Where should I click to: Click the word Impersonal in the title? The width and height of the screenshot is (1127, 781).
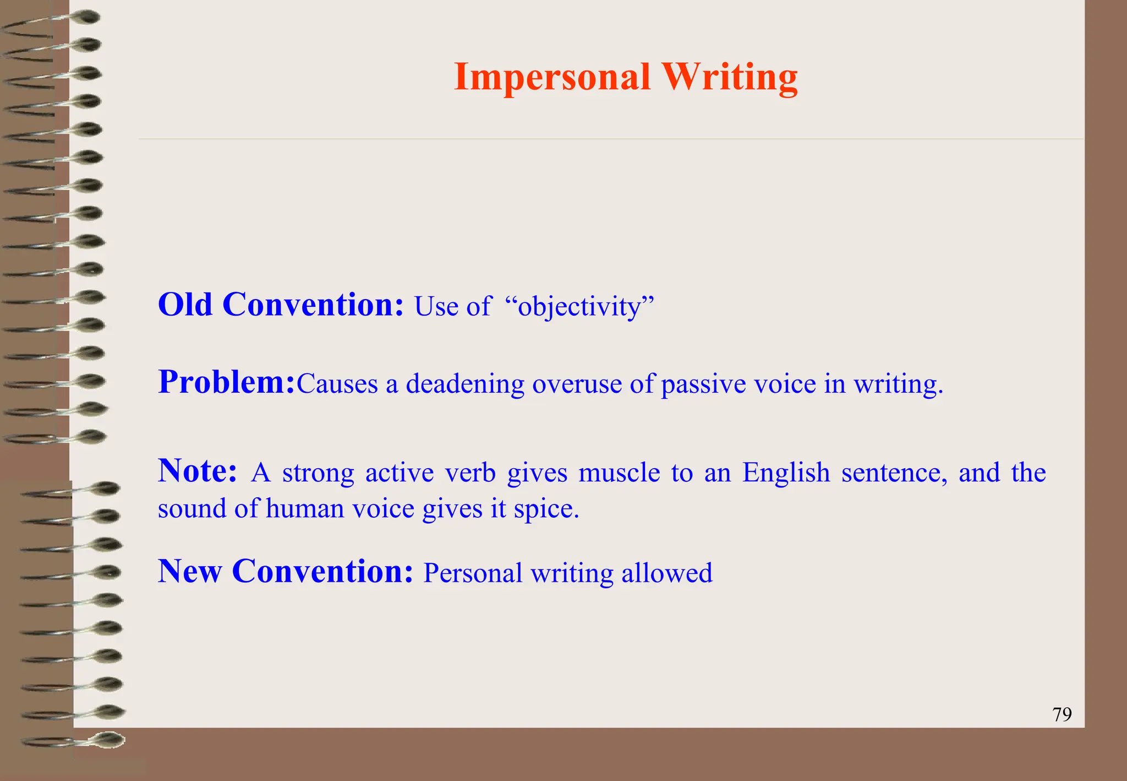(552, 77)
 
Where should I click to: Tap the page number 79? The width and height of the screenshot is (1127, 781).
(1062, 714)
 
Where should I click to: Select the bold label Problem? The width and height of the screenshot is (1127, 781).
(227, 382)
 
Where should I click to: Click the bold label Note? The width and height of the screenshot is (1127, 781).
(198, 471)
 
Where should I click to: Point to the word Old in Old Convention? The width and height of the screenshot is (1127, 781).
(185, 305)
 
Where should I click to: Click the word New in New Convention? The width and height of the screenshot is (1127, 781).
(190, 571)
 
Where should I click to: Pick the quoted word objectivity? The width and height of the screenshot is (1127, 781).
(580, 307)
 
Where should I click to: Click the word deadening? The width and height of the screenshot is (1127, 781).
(465, 384)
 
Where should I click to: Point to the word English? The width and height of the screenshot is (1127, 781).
(786, 473)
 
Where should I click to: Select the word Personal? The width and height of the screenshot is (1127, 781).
(473, 573)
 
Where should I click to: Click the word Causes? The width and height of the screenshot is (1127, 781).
(337, 384)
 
